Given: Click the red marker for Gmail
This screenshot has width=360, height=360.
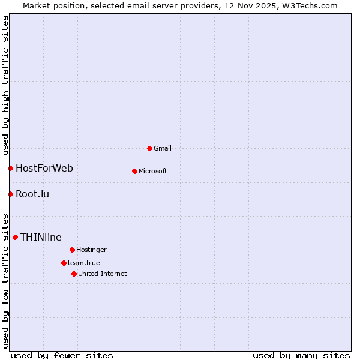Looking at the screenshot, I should coord(149,148).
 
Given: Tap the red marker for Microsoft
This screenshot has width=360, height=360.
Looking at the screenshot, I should coord(134,171).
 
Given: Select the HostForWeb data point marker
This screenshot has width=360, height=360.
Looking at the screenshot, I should coord(10,168).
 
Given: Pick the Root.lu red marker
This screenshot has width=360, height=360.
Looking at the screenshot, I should coord(10,194).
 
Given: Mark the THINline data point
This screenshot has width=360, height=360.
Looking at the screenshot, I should coord(15,237).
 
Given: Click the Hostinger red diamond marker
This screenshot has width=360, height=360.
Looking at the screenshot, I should coord(72,250).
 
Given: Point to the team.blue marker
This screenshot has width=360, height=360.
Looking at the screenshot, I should coord(64,263).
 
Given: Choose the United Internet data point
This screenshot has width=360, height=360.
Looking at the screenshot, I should coord(74,274).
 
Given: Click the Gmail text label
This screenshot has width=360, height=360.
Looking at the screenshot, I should coord(163,148).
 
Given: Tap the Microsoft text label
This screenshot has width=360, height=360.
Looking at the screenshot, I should coord(153,171).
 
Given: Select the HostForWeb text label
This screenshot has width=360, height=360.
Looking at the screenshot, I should coord(44,168).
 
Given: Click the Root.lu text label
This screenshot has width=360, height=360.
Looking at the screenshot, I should coord(32,194).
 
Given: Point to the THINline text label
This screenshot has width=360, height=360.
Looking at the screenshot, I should coord(41,237).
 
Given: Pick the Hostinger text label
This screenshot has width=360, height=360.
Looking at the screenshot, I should coord(91,250).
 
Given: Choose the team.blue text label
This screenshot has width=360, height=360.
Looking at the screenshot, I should coord(84,263).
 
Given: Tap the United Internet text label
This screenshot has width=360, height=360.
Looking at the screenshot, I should coord(103,274).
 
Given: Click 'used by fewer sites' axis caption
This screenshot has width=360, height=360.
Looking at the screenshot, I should coord(62,355).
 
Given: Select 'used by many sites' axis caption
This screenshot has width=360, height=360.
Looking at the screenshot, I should coord(301,355).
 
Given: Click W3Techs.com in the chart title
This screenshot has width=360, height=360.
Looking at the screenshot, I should coord(310,5).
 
